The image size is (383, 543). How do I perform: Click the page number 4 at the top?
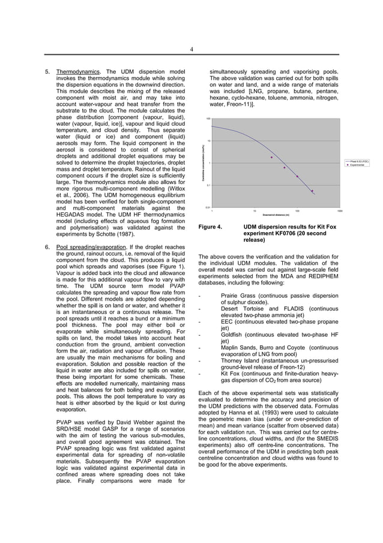tap(191, 49)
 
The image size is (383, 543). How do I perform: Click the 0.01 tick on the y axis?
tap(207, 208)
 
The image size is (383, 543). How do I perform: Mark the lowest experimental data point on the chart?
tap(312, 191)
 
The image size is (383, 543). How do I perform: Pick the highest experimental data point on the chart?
tap(271, 158)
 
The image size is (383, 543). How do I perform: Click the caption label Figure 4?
tap(210, 227)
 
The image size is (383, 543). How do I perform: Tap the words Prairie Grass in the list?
tap(238, 296)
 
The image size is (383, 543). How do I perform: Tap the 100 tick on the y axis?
tap(208, 119)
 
